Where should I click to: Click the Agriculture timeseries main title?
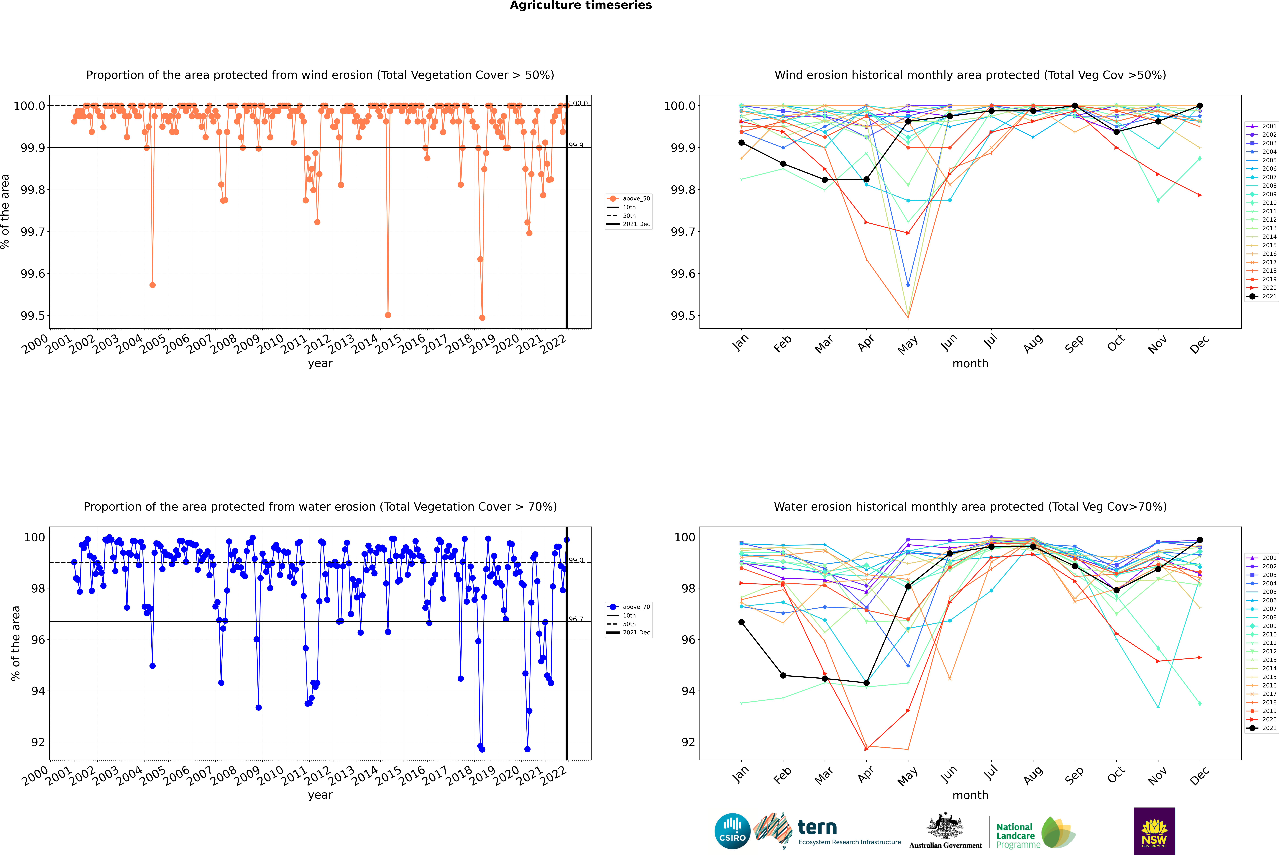click(x=581, y=5)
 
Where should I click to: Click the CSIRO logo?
click(x=732, y=831)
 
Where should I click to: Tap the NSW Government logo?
click(x=1154, y=831)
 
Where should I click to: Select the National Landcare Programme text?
click(x=1015, y=835)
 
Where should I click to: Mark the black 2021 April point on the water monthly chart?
click(x=866, y=683)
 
